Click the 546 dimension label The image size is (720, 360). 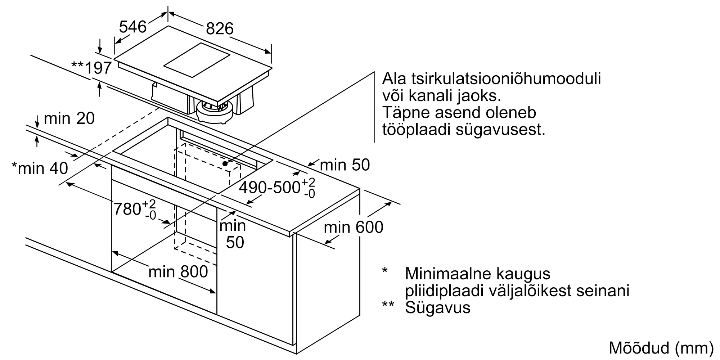133,27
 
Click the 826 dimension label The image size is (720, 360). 220,28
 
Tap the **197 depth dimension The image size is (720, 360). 91,67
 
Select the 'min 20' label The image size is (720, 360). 69,118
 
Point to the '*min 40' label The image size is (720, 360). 40,168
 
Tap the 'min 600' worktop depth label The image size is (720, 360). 354,227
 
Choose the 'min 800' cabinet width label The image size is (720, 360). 178,271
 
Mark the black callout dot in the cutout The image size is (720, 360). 225,163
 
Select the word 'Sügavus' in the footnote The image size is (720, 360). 438,308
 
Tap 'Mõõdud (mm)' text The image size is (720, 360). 661,348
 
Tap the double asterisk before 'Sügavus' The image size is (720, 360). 388,304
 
